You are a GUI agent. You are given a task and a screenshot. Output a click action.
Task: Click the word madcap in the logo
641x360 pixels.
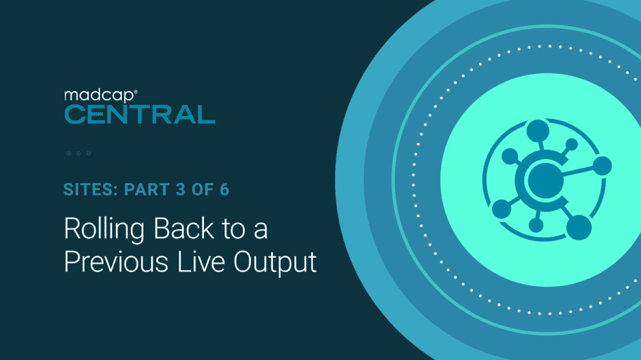click(x=99, y=96)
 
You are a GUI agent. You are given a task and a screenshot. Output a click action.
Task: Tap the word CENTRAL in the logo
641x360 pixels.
click(x=140, y=115)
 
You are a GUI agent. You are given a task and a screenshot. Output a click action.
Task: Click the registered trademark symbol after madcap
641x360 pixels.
click(x=136, y=92)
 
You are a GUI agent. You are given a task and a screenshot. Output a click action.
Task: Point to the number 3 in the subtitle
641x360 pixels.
click(x=181, y=190)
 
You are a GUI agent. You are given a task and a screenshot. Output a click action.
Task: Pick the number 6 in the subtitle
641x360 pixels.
click(x=224, y=190)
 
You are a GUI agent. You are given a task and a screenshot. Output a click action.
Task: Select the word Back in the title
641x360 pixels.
click(x=184, y=228)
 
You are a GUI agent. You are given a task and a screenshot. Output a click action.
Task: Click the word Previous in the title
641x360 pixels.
click(x=116, y=262)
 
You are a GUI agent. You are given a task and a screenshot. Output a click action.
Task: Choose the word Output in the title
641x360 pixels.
click(x=275, y=262)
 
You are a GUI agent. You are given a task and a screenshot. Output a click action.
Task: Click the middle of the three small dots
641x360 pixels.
click(x=79, y=154)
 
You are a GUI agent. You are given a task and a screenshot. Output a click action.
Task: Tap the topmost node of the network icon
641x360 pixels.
click(x=538, y=130)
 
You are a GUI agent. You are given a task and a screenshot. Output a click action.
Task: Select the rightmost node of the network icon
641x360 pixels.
click(x=602, y=166)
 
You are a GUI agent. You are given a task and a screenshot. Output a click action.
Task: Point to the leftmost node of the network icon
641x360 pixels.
click(x=502, y=210)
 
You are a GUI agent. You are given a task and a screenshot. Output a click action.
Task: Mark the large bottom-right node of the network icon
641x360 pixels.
click(x=578, y=227)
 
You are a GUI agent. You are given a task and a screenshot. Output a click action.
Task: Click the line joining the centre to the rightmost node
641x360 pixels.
click(x=578, y=172)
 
